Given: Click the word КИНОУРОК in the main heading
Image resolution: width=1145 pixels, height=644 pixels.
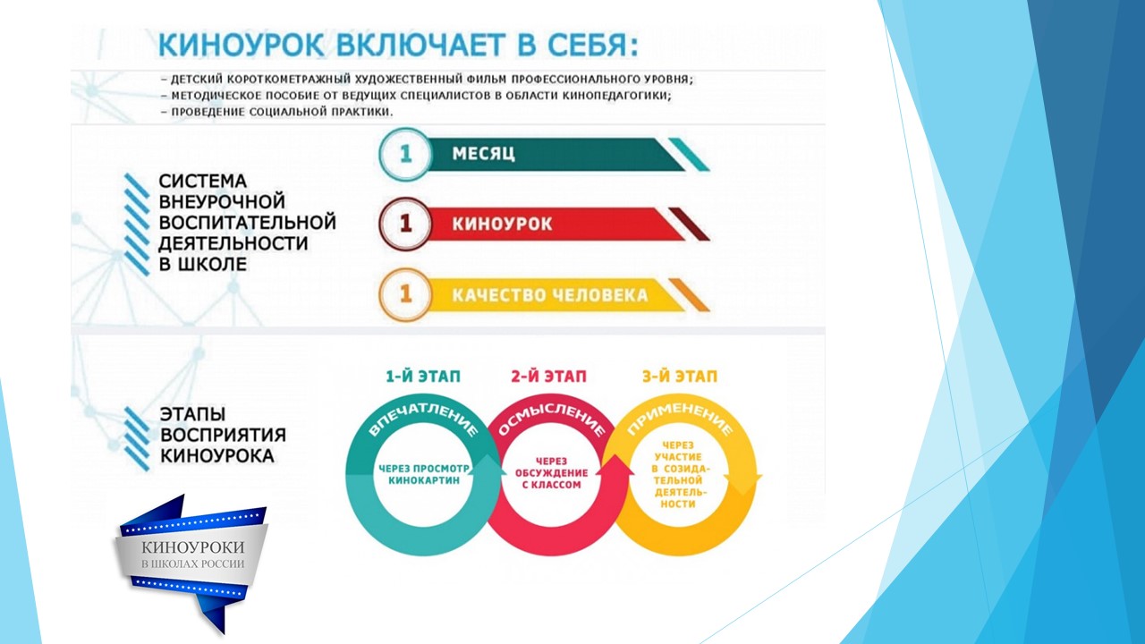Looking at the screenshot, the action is (x=242, y=46).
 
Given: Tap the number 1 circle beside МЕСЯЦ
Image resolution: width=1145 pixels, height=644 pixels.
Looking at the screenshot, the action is (x=405, y=154).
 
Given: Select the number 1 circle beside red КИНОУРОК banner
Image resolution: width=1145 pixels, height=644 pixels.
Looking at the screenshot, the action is (x=405, y=224).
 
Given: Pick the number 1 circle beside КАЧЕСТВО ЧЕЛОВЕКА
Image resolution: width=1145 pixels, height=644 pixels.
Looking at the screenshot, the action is (x=405, y=294).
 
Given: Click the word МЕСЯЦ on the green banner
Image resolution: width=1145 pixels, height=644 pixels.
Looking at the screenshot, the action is (x=484, y=154).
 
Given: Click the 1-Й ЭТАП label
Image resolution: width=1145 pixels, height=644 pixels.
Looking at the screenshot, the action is (x=423, y=377).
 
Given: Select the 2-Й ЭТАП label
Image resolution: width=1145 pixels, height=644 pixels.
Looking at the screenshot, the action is (x=548, y=377).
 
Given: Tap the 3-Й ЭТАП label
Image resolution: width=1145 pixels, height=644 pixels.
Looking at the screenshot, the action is (x=680, y=377).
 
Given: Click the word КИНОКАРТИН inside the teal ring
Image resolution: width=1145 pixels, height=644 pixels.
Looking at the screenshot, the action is (x=424, y=480).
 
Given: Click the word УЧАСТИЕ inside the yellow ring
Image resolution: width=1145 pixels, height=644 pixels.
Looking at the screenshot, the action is (x=678, y=457).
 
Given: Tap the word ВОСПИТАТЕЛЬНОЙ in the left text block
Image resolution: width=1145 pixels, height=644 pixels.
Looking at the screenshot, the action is (x=248, y=223).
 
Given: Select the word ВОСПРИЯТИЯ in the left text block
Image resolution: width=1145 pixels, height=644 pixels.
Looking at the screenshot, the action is (x=223, y=435).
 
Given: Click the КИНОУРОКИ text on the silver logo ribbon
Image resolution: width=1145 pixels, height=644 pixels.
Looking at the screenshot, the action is (x=192, y=547).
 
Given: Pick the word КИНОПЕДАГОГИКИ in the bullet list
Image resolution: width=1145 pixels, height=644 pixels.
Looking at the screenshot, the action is (x=617, y=96).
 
